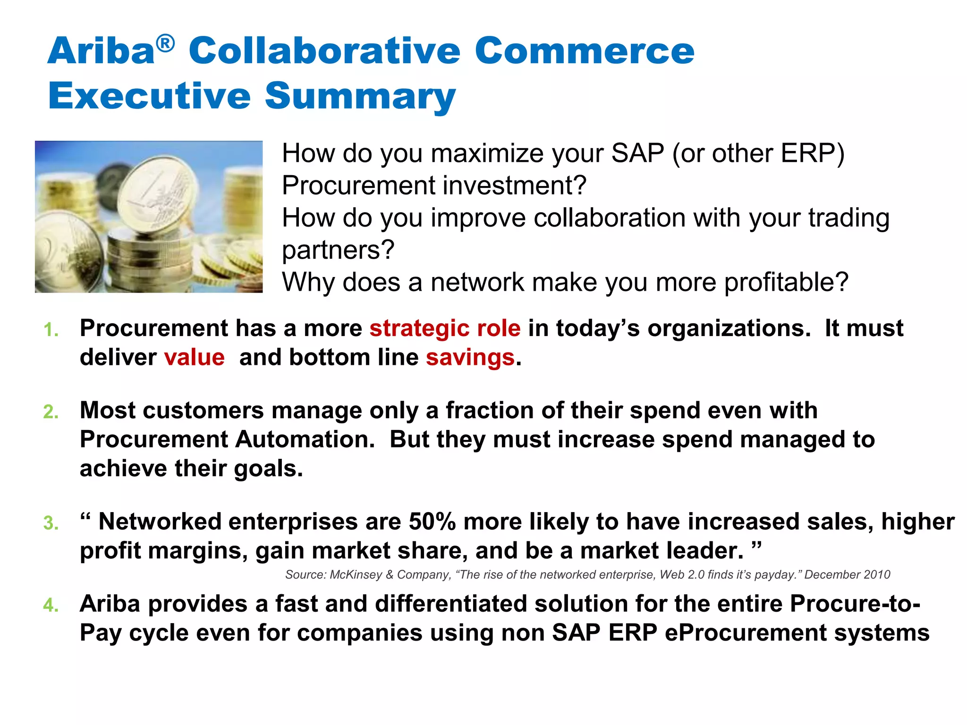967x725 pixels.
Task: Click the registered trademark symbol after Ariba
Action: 165,44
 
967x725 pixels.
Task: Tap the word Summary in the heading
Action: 360,96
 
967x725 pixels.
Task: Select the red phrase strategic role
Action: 445,329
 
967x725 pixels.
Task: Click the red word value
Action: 194,358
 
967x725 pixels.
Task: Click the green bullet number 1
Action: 51,330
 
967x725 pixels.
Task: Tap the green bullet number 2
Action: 51,412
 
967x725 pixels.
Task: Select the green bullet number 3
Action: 51,523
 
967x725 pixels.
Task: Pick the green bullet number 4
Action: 51,606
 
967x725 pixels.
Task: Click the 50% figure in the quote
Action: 432,522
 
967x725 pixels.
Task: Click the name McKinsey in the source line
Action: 356,575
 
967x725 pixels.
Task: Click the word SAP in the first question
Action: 637,153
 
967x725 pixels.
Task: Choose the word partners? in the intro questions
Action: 338,251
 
